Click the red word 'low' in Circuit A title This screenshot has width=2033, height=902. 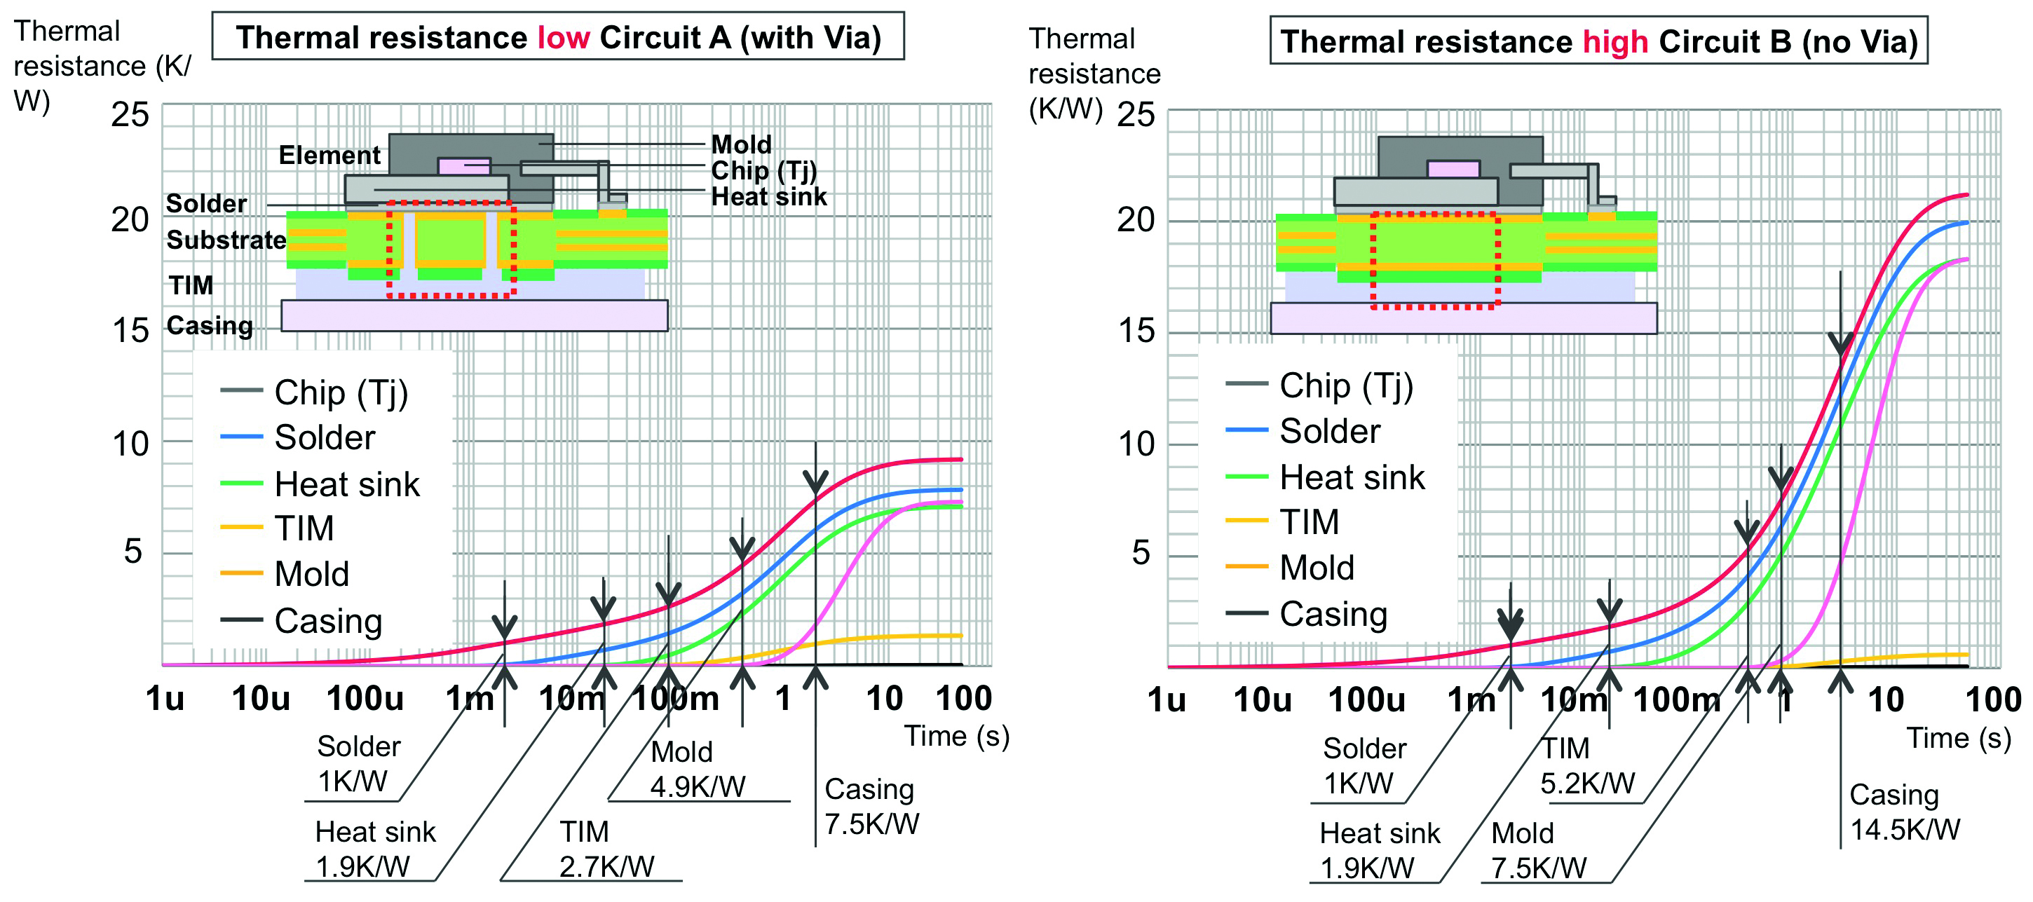[x=563, y=37]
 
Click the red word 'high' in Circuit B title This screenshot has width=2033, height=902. [x=1614, y=42]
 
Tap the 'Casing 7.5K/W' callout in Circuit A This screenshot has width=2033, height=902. [x=871, y=806]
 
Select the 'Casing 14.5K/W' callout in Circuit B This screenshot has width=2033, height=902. [x=1904, y=812]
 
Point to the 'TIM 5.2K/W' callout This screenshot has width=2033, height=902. [x=1587, y=765]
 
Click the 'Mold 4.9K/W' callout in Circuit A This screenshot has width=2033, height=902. [x=697, y=769]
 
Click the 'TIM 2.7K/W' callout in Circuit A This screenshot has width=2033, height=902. [x=606, y=848]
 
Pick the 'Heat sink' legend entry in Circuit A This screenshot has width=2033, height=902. [x=346, y=484]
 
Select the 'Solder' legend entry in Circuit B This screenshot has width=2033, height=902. [x=1329, y=431]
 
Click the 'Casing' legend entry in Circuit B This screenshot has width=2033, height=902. [x=1332, y=614]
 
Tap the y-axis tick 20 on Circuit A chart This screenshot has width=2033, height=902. [x=130, y=219]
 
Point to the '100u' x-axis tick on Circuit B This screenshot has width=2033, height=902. [x=1366, y=700]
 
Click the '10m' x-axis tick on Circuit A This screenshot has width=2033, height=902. [x=571, y=698]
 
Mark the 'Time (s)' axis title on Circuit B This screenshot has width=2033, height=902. [x=1958, y=738]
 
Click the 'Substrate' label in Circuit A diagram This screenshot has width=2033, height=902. [x=226, y=240]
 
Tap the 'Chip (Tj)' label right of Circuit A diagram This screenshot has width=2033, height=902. [x=763, y=170]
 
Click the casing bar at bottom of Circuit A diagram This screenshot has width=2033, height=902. [x=473, y=315]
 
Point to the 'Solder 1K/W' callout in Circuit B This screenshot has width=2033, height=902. [x=1363, y=765]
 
